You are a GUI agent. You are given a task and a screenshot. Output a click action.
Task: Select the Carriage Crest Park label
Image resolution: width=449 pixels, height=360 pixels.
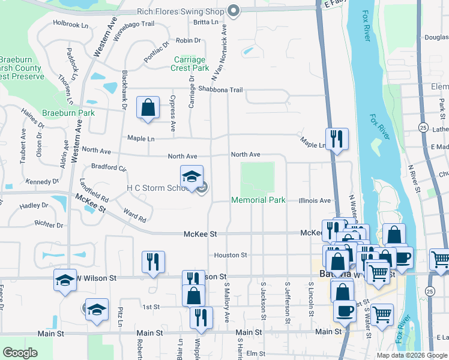point(190,64)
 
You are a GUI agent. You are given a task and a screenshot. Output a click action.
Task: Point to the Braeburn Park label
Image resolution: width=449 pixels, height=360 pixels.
point(68,113)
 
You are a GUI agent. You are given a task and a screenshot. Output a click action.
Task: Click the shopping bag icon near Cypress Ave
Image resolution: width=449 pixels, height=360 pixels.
point(148,108)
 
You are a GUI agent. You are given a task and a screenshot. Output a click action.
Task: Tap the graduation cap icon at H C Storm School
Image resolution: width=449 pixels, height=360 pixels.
point(191,176)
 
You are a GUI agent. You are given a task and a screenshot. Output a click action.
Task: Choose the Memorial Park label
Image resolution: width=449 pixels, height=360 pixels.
point(259,200)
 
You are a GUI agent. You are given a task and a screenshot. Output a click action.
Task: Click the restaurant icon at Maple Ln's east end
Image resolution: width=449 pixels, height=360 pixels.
point(337,139)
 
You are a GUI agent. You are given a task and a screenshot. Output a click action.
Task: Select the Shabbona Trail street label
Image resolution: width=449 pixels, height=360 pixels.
point(220,90)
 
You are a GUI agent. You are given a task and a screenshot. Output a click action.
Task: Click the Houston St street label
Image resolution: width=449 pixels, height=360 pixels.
point(231,255)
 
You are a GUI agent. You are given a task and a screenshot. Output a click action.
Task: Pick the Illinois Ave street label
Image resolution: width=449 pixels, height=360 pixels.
point(315,200)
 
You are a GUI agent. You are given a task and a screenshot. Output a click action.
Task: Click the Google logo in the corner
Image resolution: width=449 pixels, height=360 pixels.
point(20,353)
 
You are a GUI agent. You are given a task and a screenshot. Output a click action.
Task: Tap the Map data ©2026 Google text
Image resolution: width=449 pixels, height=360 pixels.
point(412,355)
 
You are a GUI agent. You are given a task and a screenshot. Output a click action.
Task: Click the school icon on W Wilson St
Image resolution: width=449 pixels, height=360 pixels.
point(65,281)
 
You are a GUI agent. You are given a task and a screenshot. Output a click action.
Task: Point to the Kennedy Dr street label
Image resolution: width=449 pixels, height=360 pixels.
point(43,181)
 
